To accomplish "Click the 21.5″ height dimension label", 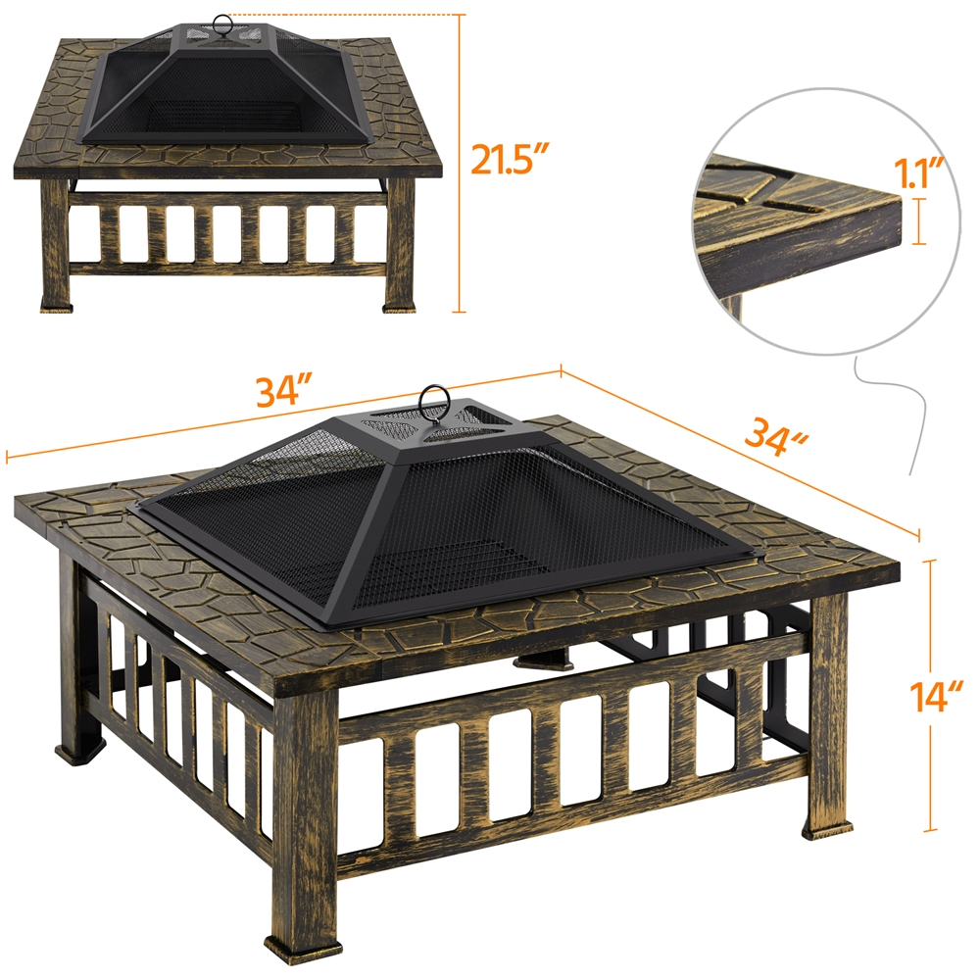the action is click(510, 160).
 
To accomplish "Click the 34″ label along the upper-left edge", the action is click(283, 391).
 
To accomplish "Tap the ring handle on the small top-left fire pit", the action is click(220, 24).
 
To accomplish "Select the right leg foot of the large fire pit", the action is click(827, 830).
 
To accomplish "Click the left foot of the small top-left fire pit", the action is click(58, 307).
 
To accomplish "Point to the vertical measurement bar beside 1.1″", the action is click(919, 221).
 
